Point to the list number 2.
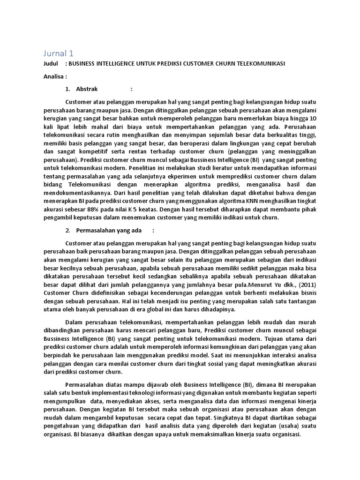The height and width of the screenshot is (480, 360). (x=68, y=230)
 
